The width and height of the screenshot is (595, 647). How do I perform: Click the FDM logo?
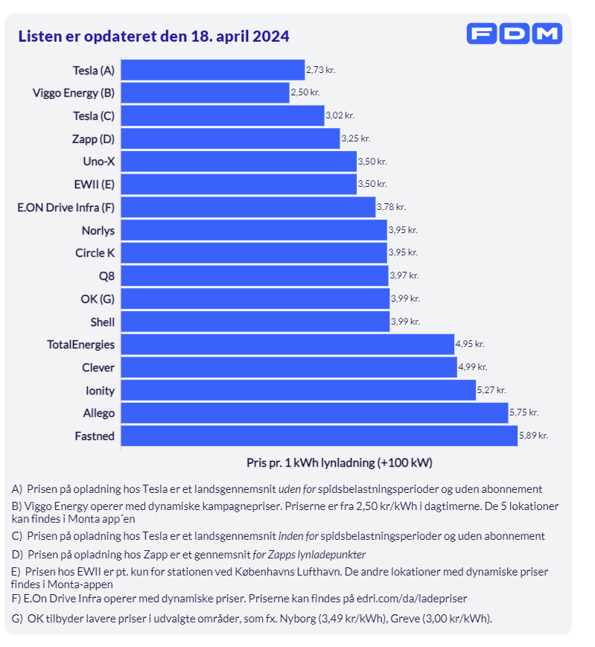(x=514, y=34)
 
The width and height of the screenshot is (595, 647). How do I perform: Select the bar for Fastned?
(x=319, y=436)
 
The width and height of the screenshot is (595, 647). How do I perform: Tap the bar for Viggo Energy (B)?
(x=205, y=93)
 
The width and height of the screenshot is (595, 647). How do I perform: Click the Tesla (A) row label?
(x=94, y=71)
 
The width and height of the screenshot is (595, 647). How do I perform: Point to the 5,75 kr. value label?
(x=524, y=412)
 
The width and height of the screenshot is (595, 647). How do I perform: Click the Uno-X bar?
(x=238, y=162)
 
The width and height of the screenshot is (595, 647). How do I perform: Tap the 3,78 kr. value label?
(x=390, y=207)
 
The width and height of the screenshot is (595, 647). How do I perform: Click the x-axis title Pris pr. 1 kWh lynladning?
(x=339, y=462)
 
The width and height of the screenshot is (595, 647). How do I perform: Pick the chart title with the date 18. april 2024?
(x=153, y=36)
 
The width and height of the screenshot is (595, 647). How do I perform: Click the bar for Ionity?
(x=298, y=390)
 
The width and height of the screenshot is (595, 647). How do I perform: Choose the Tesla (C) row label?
(x=94, y=116)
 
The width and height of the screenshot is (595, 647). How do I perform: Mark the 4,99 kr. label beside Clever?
(x=472, y=367)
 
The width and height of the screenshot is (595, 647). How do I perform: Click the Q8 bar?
(x=254, y=275)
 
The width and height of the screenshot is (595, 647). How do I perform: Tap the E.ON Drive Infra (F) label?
(x=66, y=207)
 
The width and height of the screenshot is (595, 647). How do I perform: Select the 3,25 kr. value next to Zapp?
(x=355, y=138)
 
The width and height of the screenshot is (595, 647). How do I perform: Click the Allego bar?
(x=314, y=412)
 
